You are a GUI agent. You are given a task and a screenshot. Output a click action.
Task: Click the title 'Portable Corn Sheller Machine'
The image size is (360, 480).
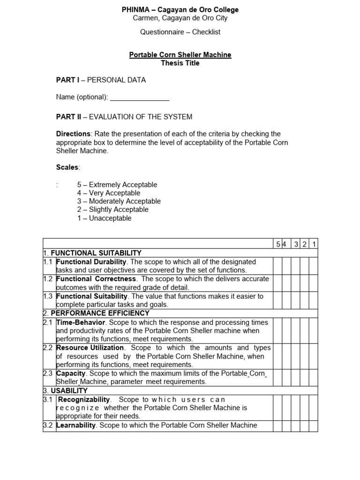(x=180, y=55)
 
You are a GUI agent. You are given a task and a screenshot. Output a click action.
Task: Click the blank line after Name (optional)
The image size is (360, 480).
(x=139, y=97)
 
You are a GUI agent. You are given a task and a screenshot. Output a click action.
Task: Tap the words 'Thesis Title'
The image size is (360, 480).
(x=180, y=63)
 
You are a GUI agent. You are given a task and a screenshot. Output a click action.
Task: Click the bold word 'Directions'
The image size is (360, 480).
(x=73, y=134)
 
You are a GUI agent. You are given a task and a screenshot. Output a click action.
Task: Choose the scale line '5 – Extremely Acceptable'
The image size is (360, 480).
(x=117, y=185)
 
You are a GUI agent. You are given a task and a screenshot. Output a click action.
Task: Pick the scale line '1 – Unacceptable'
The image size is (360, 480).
(x=105, y=218)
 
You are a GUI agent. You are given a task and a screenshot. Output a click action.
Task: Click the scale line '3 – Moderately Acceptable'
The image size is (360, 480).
(x=119, y=202)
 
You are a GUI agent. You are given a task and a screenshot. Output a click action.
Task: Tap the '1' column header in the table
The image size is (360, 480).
(x=314, y=244)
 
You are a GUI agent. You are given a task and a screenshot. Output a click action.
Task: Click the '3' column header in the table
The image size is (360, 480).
(x=296, y=244)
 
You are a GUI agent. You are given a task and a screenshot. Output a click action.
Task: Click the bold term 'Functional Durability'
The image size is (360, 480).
(x=91, y=262)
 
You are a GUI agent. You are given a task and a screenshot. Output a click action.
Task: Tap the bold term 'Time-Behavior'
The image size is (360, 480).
(x=81, y=322)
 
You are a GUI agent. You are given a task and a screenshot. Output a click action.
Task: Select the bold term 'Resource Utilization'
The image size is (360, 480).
(x=90, y=348)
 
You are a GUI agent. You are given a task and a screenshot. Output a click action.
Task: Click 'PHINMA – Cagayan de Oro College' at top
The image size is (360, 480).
(x=180, y=10)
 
